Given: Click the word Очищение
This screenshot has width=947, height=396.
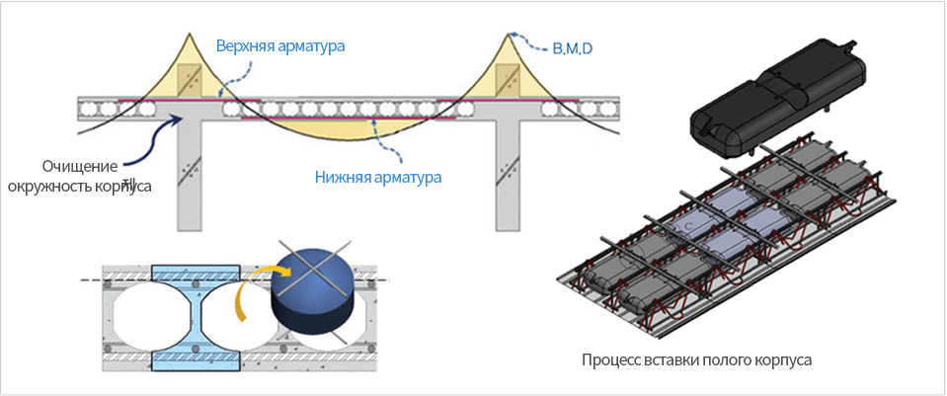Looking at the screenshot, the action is [x=78, y=166].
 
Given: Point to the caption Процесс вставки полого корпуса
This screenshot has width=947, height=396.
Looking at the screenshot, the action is [x=697, y=360].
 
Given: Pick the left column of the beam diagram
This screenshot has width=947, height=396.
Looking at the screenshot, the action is [x=189, y=175].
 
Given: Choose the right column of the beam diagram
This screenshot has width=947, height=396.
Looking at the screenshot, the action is [x=507, y=175].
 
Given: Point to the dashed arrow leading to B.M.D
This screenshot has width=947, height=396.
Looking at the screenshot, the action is [x=529, y=39].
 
